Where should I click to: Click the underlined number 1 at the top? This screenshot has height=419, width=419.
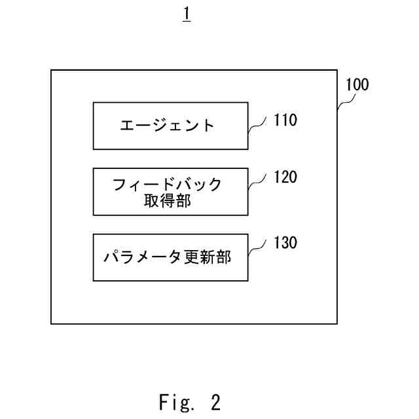pyautogui.click(x=187, y=14)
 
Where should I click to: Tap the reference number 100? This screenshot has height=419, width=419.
pyautogui.click(x=357, y=84)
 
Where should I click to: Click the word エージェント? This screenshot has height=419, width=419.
pyautogui.click(x=167, y=126)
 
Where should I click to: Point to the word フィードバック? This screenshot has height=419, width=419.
pyautogui.click(x=167, y=184)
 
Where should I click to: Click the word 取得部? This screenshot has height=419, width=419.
pyautogui.click(x=167, y=201)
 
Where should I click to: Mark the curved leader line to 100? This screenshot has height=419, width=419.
pyautogui.click(x=345, y=101)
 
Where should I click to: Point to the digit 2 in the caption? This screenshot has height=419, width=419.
pyautogui.click(x=215, y=401)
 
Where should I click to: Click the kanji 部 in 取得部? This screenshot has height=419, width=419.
pyautogui.click(x=184, y=201)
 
